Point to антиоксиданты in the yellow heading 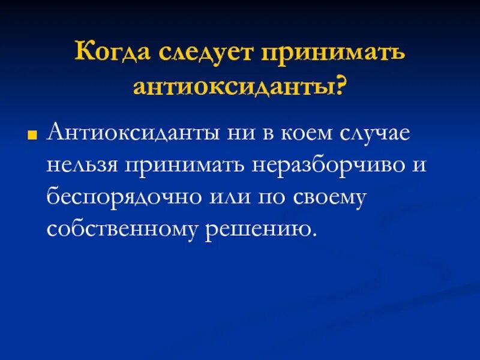pos(233,87)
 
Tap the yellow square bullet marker pos(34,134)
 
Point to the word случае pos(373,133)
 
